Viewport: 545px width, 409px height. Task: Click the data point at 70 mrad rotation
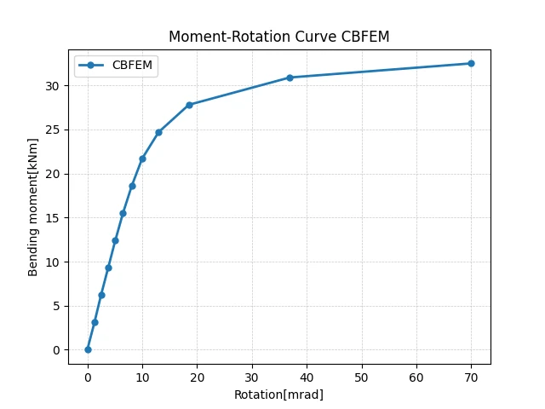pyautogui.click(x=471, y=63)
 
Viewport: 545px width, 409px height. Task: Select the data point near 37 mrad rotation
pyautogui.click(x=290, y=78)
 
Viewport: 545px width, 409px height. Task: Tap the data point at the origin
pyautogui.click(x=88, y=349)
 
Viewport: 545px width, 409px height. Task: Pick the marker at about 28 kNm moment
pyautogui.click(x=189, y=105)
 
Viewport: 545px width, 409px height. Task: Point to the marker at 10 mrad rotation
pyautogui.click(x=142, y=159)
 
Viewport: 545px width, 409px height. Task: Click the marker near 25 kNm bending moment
pyautogui.click(x=158, y=132)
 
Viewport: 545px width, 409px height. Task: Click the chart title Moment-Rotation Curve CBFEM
pyautogui.click(x=279, y=37)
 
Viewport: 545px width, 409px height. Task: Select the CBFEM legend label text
pyautogui.click(x=132, y=65)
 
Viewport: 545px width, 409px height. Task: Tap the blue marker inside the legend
pyautogui.click(x=91, y=65)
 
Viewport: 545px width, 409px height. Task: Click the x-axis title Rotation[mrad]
pyautogui.click(x=278, y=395)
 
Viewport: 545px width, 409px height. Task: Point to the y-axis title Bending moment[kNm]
pyautogui.click(x=32, y=207)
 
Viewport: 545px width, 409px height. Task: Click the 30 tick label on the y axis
pyautogui.click(x=52, y=86)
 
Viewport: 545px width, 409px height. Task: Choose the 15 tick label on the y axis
pyautogui.click(x=52, y=218)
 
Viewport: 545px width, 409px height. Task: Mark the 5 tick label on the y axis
pyautogui.click(x=56, y=306)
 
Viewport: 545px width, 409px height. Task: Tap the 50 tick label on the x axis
pyautogui.click(x=361, y=377)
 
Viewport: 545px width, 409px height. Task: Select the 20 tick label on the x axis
pyautogui.click(x=197, y=377)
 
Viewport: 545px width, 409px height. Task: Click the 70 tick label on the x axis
pyautogui.click(x=471, y=377)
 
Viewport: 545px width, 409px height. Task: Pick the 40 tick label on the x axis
pyautogui.click(x=307, y=377)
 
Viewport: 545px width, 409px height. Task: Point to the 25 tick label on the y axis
pyautogui.click(x=52, y=130)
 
